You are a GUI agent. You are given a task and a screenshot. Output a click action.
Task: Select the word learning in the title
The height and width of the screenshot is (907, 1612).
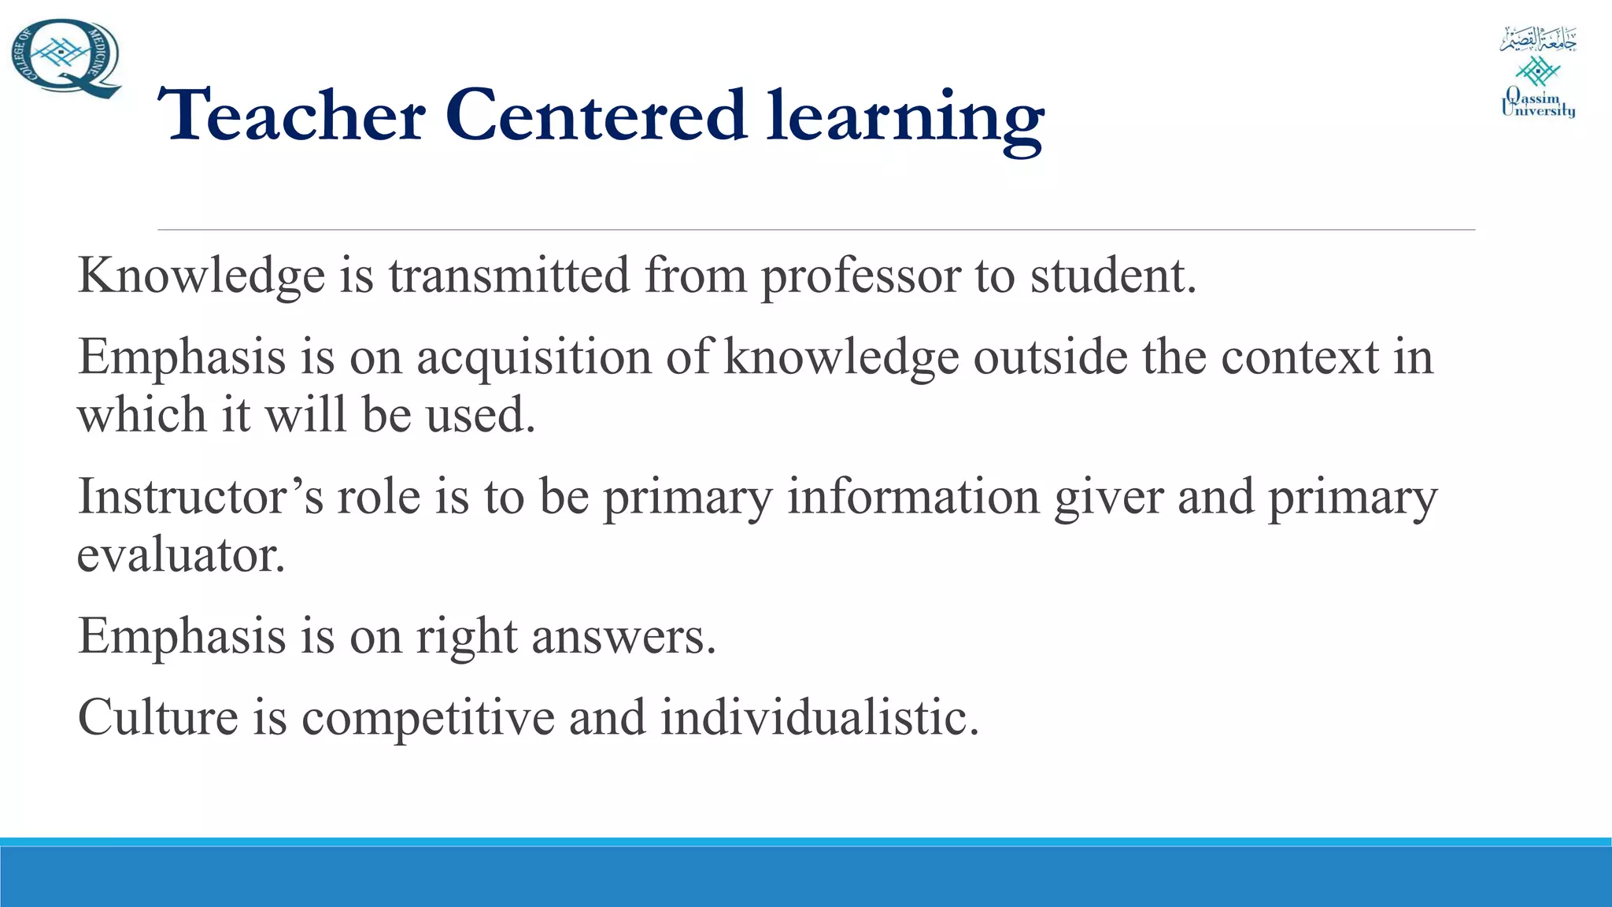[905, 118]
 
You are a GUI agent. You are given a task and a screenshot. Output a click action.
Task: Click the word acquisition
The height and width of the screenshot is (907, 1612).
[534, 357]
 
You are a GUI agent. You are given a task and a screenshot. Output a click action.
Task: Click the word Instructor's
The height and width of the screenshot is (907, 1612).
[201, 497]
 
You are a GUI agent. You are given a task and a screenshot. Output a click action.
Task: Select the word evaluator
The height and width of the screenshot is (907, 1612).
[180, 555]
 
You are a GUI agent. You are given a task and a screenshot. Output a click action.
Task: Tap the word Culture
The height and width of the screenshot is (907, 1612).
[157, 717]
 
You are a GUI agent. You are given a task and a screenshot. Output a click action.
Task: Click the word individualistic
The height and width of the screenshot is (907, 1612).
[819, 717]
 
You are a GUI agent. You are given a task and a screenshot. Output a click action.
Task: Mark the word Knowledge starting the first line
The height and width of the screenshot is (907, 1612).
[201, 277]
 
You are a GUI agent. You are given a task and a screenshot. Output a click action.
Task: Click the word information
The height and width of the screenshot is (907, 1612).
[913, 497]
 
